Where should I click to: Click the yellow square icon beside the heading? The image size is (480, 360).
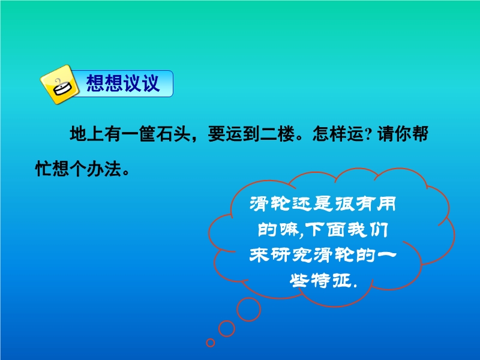click(59, 85)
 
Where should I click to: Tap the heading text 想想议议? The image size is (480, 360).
click(123, 83)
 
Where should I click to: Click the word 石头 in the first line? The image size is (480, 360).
click(173, 134)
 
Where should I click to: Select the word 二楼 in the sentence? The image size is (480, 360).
click(277, 134)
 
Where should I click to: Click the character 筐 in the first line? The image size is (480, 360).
click(148, 134)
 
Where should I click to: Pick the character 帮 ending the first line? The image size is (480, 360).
click(419, 134)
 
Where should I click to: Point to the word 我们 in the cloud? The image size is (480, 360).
click(368, 230)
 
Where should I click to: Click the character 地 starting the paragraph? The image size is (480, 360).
click(79, 134)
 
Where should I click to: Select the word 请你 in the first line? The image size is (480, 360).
click(394, 134)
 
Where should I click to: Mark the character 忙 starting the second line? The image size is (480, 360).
click(44, 169)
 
